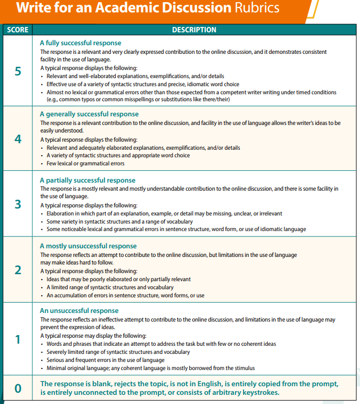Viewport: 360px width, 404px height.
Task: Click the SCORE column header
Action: [x=18, y=30]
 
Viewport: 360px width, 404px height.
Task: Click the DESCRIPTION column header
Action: [x=194, y=30]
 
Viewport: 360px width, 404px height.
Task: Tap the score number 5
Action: [x=18, y=72]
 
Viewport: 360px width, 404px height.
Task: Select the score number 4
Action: [x=18, y=139]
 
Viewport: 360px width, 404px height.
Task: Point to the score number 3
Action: [x=18, y=205]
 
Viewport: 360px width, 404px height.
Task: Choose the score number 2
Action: [x=18, y=270]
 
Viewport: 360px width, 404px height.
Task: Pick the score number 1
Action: [x=18, y=340]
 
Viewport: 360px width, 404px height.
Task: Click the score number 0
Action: [x=18, y=388]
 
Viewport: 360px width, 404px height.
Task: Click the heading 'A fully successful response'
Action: [x=81, y=43]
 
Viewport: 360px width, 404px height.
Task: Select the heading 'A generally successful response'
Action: [x=89, y=114]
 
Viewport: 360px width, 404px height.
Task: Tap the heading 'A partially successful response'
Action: [x=88, y=180]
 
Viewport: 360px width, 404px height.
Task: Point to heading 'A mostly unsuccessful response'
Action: [x=88, y=246]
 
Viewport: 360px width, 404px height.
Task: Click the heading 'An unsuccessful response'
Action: [x=79, y=311]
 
